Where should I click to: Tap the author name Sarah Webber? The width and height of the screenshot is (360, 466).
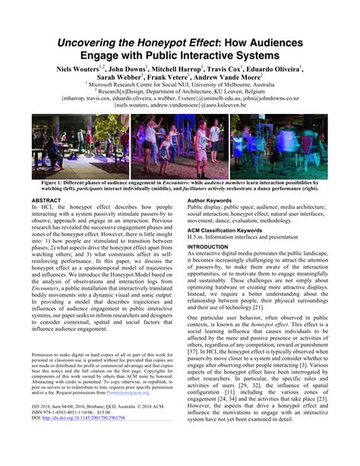tap(119, 77)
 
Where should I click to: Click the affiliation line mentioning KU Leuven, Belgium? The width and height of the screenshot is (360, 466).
tap(180, 91)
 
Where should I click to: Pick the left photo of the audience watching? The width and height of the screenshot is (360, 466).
tap(71, 147)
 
